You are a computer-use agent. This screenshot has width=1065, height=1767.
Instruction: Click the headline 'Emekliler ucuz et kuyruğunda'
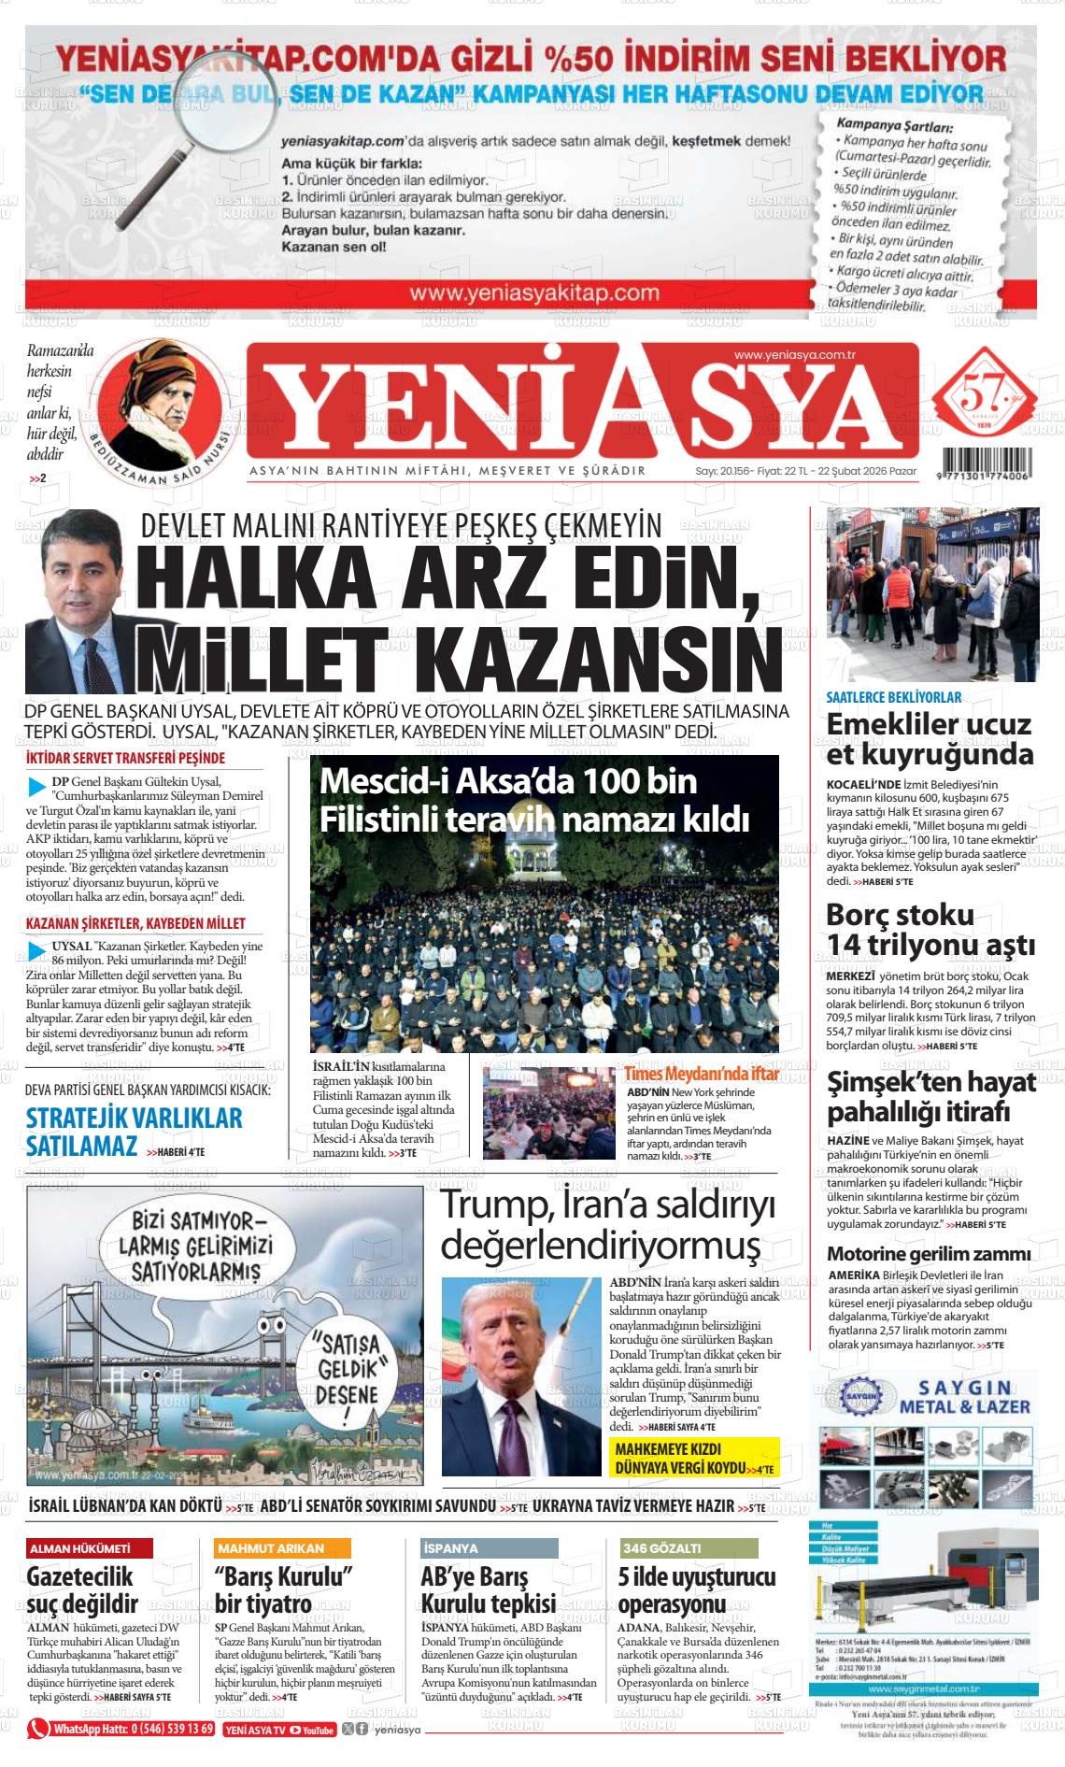(x=930, y=739)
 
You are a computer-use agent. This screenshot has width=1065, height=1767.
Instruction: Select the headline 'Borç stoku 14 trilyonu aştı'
(x=930, y=930)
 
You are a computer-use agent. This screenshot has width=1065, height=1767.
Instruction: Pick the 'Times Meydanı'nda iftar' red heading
(x=702, y=1074)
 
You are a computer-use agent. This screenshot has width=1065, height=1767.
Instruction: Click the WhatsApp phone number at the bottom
(x=134, y=1729)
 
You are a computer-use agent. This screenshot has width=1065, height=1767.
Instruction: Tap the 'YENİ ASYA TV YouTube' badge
(x=280, y=1730)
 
